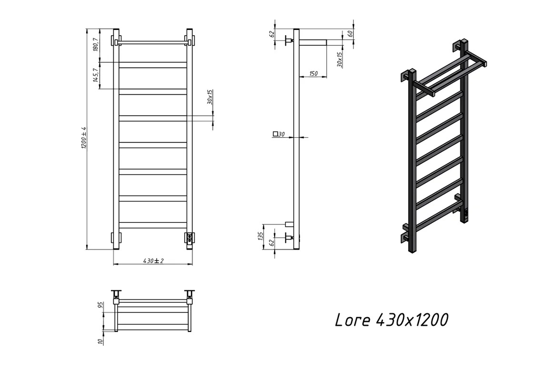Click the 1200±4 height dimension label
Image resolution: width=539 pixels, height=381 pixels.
coord(83,138)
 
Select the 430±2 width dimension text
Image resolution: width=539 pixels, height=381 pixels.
coord(153,261)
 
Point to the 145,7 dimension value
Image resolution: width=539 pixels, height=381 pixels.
coord(96,75)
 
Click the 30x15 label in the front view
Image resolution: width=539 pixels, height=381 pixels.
coord(210,97)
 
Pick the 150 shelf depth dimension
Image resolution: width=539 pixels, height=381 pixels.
coord(313,73)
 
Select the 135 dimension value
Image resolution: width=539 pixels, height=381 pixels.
coord(260,236)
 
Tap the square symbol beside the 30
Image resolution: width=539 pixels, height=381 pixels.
coord(275,134)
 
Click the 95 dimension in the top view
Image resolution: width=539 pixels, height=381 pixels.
coord(100,305)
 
